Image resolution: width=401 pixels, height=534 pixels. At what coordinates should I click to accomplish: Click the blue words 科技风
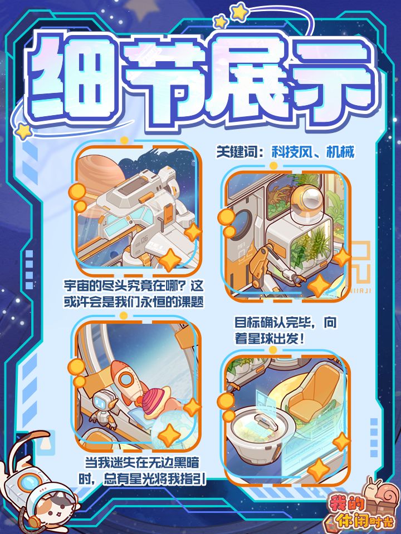(292, 152)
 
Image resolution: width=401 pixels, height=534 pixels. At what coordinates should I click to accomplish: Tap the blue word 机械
(340, 152)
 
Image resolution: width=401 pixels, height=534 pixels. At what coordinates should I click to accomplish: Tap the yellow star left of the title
(24, 131)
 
